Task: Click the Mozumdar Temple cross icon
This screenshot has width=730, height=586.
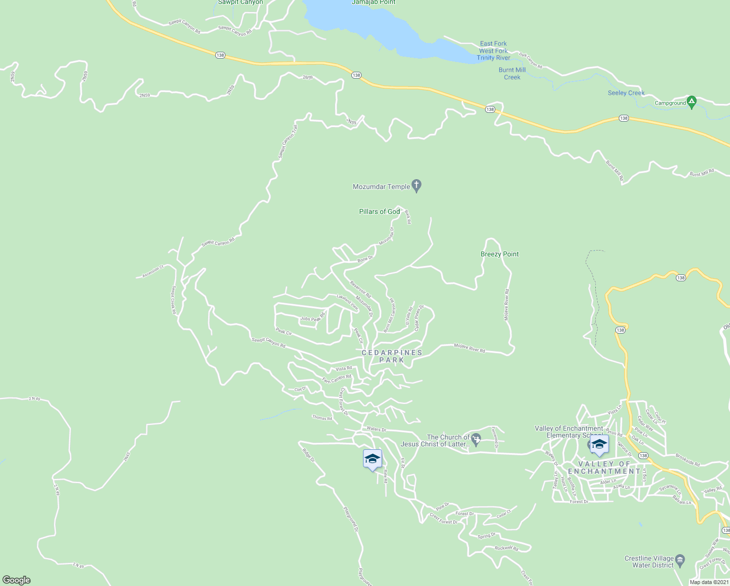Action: [416, 186]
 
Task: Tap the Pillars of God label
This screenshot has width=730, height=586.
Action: [379, 211]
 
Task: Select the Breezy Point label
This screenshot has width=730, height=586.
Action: [500, 254]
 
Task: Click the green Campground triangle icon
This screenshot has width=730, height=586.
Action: [691, 102]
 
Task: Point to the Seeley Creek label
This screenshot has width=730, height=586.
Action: [626, 93]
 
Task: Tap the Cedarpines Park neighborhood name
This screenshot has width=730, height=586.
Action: [392, 356]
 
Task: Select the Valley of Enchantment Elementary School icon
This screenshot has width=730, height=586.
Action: [599, 444]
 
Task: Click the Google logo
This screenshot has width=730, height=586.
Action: [16, 580]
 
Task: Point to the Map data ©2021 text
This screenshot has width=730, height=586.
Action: [709, 582]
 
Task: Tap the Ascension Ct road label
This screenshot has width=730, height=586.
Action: [153, 272]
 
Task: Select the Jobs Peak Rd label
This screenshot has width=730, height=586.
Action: [312, 318]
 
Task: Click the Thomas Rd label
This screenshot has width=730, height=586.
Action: [322, 418]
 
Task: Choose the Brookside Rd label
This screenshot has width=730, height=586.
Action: [688, 460]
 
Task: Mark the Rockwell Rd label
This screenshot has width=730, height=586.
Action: [507, 548]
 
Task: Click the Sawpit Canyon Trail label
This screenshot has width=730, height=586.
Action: [288, 142]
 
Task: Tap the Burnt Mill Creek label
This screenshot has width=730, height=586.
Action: [512, 74]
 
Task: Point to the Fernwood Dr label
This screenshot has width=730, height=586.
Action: [495, 438]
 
